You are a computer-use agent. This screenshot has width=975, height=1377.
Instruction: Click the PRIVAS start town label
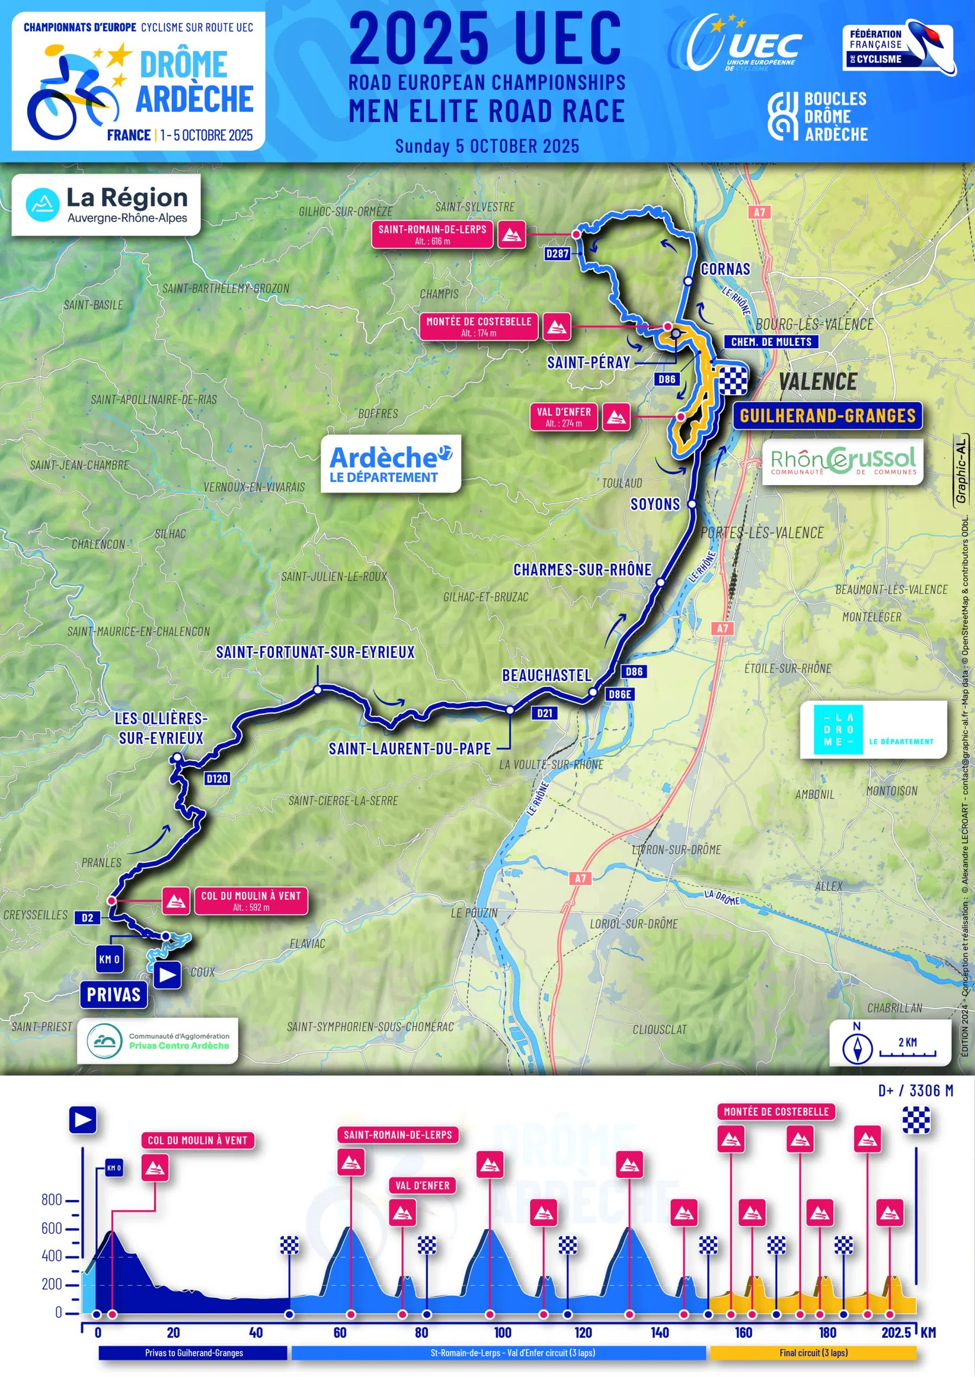pyautogui.click(x=113, y=994)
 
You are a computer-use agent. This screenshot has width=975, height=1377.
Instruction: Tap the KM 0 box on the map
pyautogui.click(x=109, y=959)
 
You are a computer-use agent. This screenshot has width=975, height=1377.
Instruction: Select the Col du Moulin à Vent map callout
pyautogui.click(x=250, y=901)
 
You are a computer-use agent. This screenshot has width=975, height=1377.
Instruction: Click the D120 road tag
pyautogui.click(x=217, y=779)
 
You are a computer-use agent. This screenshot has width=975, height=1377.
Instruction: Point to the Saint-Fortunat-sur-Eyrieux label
pyautogui.click(x=315, y=652)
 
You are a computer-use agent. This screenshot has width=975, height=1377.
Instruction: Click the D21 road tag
pyautogui.click(x=544, y=713)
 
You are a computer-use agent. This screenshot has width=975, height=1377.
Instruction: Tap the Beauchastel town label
pyautogui.click(x=547, y=676)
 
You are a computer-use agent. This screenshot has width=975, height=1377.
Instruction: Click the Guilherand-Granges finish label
pyautogui.click(x=827, y=416)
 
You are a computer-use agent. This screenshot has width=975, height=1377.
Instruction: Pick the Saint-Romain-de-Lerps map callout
pyautogui.click(x=432, y=234)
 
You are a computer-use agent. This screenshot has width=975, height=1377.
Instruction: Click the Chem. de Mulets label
pyautogui.click(x=771, y=342)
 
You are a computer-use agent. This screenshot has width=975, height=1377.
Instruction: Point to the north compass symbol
pyautogui.click(x=857, y=1047)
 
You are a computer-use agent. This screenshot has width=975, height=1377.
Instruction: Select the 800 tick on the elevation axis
pyautogui.click(x=52, y=1199)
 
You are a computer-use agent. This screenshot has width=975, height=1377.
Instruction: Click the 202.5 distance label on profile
pyautogui.click(x=896, y=1333)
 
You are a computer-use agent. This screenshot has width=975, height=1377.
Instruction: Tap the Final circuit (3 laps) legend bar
pyautogui.click(x=813, y=1353)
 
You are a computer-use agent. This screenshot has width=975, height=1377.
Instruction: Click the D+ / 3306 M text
pyautogui.click(x=915, y=1090)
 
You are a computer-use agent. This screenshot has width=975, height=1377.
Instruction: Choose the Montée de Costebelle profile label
pyautogui.click(x=776, y=1112)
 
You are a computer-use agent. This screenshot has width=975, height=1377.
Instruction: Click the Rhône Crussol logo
pyautogui.click(x=843, y=461)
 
